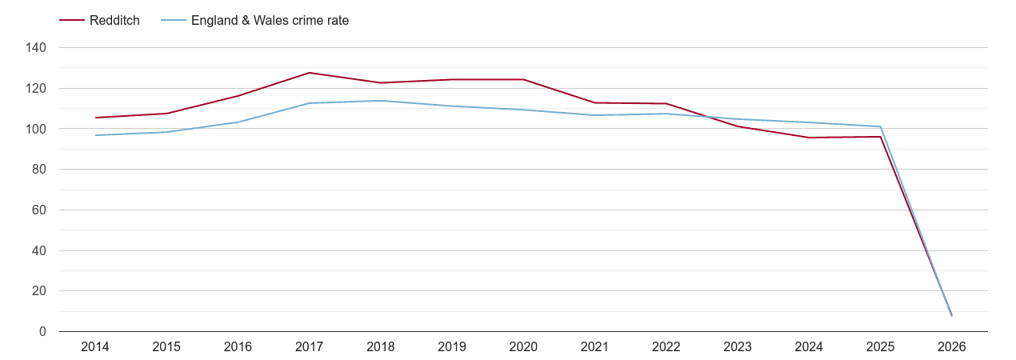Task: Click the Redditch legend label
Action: [114, 21]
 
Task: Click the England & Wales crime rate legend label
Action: [270, 21]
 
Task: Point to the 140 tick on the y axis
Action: [37, 48]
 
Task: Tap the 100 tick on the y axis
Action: [37, 129]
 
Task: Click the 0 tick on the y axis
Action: [43, 332]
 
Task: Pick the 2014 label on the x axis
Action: [95, 347]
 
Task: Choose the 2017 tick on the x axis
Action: [310, 347]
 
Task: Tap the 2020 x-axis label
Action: [523, 347]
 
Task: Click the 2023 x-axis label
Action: [738, 347]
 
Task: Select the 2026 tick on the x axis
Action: [951, 347]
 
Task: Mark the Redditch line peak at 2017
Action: [310, 73]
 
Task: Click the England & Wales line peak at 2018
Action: [381, 101]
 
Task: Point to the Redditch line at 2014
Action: [95, 118]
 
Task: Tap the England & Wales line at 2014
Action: [95, 135]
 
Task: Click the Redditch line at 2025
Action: [880, 137]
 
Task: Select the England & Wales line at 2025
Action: [880, 126]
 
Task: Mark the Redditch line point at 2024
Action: [809, 138]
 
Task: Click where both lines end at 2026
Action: [951, 315]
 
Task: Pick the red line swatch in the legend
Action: [72, 21]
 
